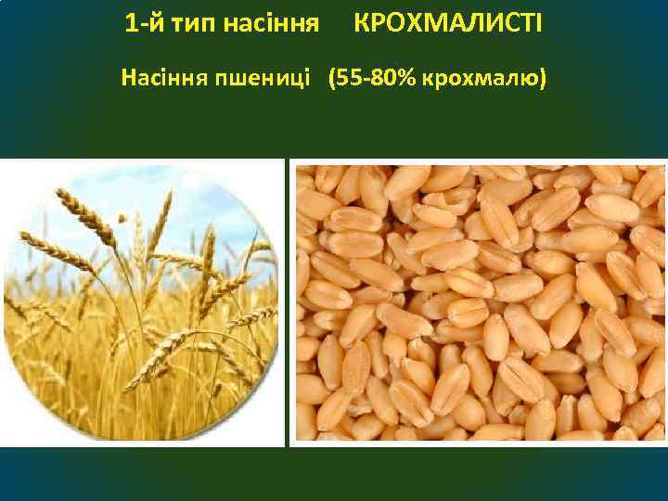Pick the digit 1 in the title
click(130, 20)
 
